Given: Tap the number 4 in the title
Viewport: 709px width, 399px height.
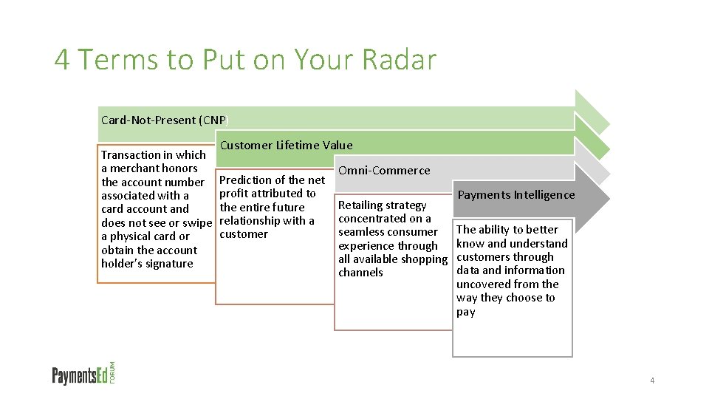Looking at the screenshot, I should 62,60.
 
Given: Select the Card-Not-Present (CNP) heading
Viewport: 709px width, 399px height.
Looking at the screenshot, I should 165,120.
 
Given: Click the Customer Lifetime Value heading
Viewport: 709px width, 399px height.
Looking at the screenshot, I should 286,145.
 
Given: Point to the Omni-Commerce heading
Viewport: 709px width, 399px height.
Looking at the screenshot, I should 383,170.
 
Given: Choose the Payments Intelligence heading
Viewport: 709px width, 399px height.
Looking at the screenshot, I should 516,194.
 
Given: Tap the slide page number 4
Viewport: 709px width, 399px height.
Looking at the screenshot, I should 652,381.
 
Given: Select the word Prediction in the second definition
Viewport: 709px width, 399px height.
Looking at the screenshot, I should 245,180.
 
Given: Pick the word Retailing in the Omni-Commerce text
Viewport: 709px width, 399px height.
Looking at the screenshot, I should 360,205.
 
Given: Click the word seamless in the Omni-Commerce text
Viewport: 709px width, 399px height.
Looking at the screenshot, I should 362,232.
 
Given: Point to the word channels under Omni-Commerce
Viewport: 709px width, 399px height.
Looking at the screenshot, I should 360,273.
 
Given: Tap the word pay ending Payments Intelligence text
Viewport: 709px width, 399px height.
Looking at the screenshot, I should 465,312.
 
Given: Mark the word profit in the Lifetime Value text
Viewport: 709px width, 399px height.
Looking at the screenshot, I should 234,194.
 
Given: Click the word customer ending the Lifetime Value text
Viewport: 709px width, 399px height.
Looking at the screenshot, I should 244,234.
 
